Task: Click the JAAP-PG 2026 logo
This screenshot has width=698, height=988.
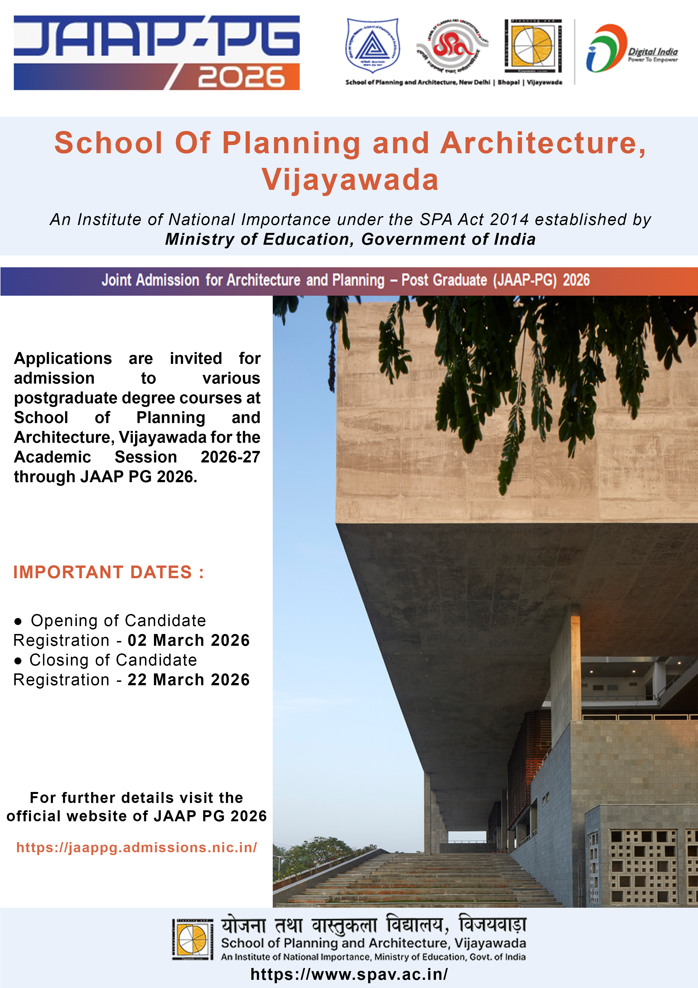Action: [156, 52]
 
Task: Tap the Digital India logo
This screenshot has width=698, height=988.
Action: [631, 48]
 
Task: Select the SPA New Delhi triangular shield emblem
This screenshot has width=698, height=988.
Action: [372, 45]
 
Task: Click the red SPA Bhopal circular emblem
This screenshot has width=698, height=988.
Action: [452, 46]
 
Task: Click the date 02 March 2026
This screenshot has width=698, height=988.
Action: [188, 640]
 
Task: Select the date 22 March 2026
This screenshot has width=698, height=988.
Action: [188, 680]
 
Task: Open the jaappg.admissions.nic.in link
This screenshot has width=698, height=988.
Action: [137, 848]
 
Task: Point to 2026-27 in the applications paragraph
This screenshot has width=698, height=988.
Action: [230, 457]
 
